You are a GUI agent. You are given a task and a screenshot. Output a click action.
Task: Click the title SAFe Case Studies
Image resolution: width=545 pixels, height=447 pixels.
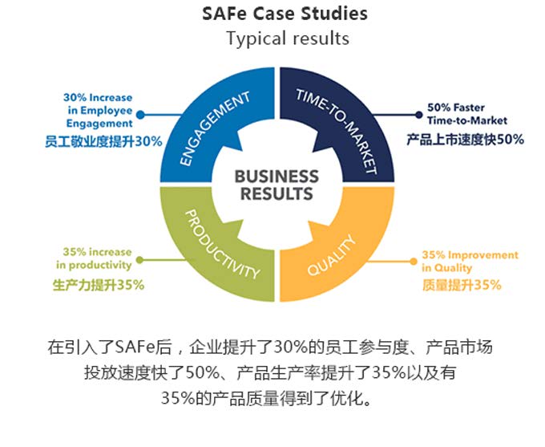[x=287, y=14]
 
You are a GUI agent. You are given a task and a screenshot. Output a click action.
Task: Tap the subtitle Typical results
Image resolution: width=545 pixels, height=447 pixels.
[x=287, y=38]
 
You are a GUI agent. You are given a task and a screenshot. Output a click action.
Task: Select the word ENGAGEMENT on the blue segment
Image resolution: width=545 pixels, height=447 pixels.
[x=215, y=129]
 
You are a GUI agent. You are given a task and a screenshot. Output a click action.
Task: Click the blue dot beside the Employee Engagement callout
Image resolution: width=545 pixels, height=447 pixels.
[x=140, y=115]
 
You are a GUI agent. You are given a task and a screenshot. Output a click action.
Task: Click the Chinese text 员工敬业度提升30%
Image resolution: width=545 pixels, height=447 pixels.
[x=103, y=140]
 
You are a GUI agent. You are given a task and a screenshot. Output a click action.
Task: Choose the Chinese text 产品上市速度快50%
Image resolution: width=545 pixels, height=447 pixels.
[x=465, y=139]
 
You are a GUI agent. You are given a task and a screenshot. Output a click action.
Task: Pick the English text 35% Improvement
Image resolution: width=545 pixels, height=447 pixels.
[x=470, y=255]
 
